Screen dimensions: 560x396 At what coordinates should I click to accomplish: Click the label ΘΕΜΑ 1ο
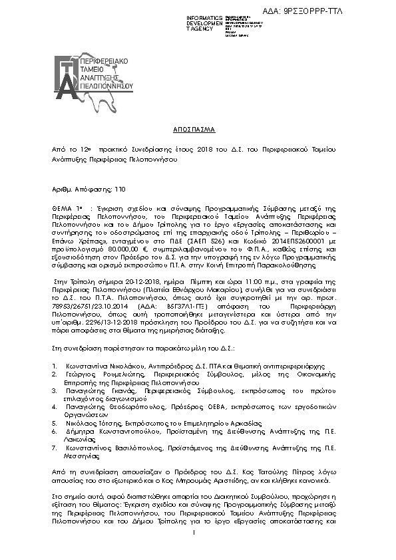pos(67,208)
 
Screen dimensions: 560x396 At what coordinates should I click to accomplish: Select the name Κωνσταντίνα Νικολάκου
pos(102,366)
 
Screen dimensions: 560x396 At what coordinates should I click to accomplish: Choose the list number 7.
pos(54,449)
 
